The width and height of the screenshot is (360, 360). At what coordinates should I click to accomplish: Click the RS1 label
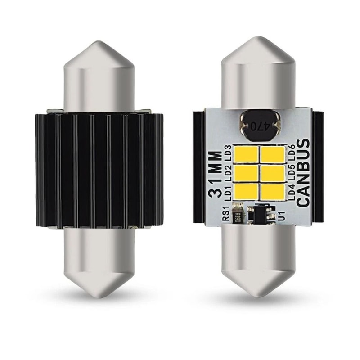pyautogui.click(x=225, y=214)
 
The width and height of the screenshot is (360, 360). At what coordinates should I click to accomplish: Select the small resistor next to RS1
pyautogui.click(x=238, y=214)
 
